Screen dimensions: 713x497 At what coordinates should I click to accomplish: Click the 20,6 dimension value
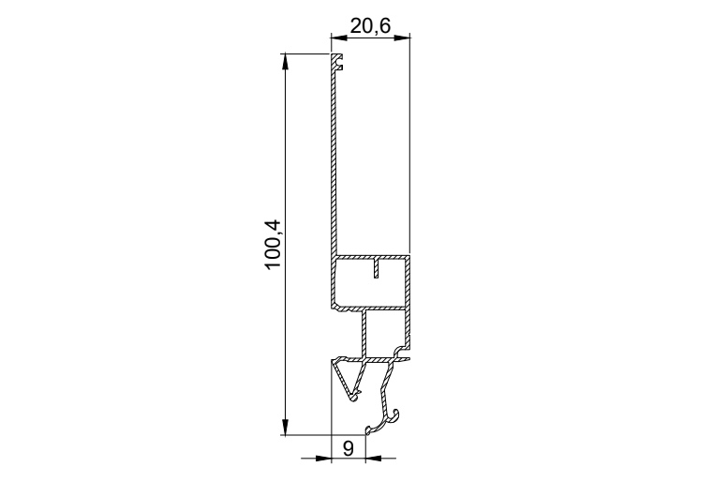pyautogui.click(x=370, y=26)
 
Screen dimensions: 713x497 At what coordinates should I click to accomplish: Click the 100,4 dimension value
pyautogui.click(x=274, y=245)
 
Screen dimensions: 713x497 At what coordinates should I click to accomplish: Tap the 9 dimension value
pyautogui.click(x=348, y=449)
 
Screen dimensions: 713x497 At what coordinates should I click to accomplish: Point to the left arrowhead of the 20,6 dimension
pyautogui.click(x=339, y=38)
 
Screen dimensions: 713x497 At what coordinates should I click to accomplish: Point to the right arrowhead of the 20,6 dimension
pyautogui.click(x=402, y=38)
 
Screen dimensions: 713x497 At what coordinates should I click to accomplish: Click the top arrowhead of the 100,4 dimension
pyautogui.click(x=285, y=62)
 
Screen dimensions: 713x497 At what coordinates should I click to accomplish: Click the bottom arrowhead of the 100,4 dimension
pyautogui.click(x=285, y=427)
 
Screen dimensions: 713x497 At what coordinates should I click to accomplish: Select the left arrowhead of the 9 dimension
pyautogui.click(x=323, y=458)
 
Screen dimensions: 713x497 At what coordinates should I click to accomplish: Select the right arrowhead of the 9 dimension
pyautogui.click(x=373, y=458)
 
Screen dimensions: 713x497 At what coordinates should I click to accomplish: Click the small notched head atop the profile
pyautogui.click(x=336, y=62)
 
